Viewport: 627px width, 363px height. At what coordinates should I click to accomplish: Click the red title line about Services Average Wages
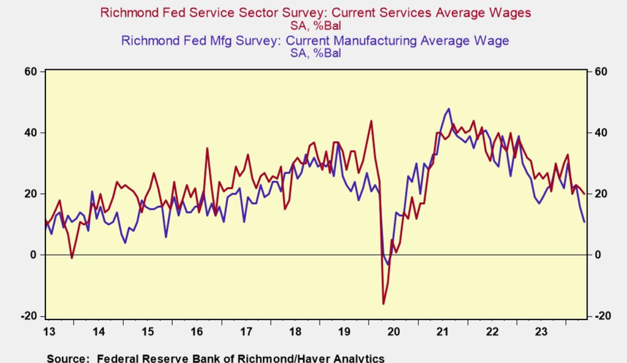click(x=315, y=12)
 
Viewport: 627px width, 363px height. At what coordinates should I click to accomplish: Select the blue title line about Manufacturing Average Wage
click(x=315, y=41)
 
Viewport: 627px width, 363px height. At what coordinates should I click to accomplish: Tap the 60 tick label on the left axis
click(x=30, y=72)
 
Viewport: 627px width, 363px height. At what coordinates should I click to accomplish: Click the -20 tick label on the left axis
click(x=29, y=316)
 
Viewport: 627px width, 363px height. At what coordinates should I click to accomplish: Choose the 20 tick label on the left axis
click(x=30, y=194)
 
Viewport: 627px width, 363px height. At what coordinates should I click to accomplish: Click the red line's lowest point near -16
click(x=383, y=304)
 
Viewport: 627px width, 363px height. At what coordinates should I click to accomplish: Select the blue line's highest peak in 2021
click(x=449, y=109)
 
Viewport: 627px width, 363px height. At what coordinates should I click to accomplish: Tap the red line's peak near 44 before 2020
click(x=371, y=121)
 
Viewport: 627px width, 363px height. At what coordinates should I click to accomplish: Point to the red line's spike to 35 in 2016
click(x=207, y=148)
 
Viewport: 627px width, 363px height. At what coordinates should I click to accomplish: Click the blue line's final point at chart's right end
click(x=585, y=222)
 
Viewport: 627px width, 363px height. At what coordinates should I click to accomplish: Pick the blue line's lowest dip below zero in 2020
click(x=388, y=264)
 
